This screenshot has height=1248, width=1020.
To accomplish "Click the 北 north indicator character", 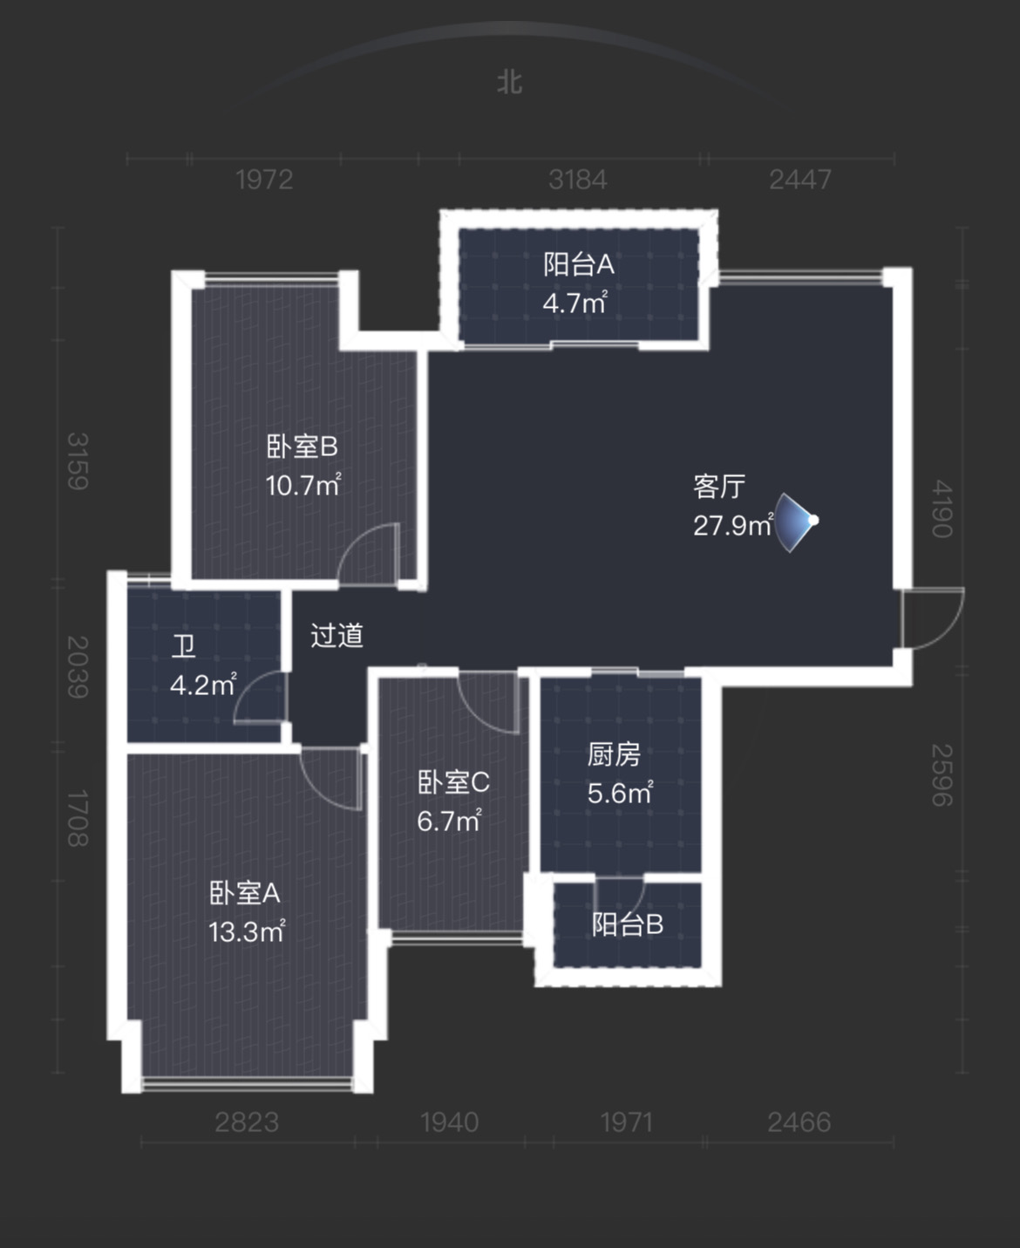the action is tap(509, 82).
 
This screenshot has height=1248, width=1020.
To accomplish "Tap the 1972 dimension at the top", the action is tap(264, 180).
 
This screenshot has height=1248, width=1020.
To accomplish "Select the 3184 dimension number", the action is tap(577, 180).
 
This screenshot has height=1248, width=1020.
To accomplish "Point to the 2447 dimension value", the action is tap(800, 180).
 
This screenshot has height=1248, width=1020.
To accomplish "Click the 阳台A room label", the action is tap(579, 264).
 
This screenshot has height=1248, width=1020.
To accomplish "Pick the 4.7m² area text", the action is tap(575, 303).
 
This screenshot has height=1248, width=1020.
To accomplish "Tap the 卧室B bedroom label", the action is tap(302, 447).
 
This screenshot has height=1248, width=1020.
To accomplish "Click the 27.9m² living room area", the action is tap(733, 525).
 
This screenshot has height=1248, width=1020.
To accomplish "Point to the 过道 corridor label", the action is tap(337, 636).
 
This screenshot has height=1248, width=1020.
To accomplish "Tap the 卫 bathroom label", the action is tap(183, 646).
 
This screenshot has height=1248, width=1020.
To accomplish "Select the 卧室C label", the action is tap(454, 783).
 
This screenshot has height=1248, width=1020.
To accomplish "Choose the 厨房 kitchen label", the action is tap(614, 755).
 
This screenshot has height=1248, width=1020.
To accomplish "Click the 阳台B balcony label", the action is tap(628, 924).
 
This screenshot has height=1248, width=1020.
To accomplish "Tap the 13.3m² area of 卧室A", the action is tap(247, 932).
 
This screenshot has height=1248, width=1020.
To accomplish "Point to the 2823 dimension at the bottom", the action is tap(247, 1122).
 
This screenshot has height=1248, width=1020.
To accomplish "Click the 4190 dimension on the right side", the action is tap(942, 508).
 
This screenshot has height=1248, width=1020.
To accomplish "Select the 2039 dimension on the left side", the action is tap(78, 667).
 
